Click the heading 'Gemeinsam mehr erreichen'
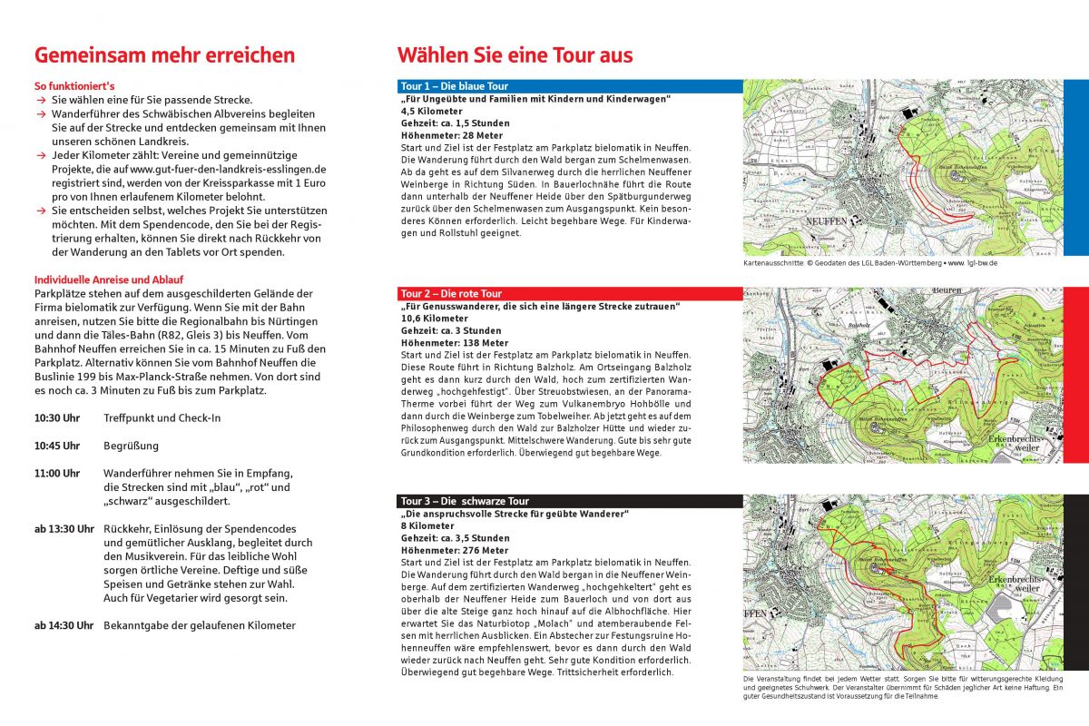164,55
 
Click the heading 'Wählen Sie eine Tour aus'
515,55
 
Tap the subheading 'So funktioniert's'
74,85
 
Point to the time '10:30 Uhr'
57,418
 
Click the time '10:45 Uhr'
57,446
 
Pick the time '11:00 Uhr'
57,473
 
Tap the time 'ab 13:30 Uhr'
64,529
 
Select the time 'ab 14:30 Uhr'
64,625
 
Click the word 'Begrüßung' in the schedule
131,446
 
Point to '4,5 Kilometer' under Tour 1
432,111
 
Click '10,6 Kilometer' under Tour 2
435,319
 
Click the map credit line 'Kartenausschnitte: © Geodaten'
869,263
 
